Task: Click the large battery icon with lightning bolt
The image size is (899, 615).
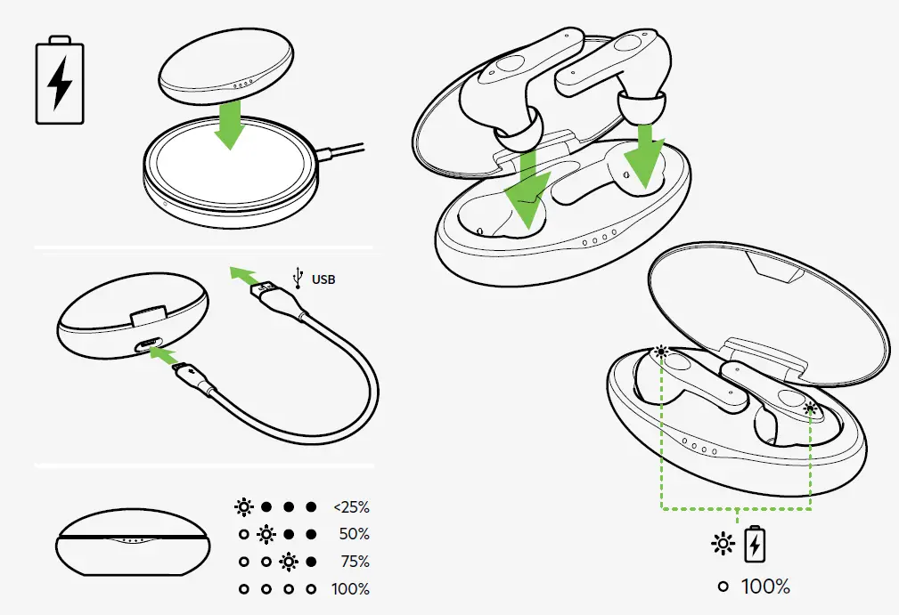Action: [x=59, y=80]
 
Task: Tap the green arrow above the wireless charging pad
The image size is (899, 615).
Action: [x=231, y=125]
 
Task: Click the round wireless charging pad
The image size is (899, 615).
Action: [x=229, y=174]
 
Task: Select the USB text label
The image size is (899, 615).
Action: [x=323, y=279]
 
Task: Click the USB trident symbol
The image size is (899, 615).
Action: [x=298, y=277]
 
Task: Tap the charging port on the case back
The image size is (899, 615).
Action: [x=145, y=346]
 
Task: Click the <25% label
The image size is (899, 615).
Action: [x=350, y=507]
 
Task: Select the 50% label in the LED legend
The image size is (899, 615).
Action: [x=354, y=535]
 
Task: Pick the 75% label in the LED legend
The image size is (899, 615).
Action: [x=354, y=562]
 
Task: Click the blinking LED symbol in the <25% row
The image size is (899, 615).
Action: [x=243, y=507]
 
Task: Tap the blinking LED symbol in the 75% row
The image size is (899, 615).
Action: [x=288, y=562]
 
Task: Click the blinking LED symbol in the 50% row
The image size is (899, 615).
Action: [x=266, y=535]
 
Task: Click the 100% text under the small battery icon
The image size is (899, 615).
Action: [x=765, y=587]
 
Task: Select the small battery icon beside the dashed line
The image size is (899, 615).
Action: [x=755, y=544]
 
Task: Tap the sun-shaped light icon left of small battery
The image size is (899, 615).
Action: [x=723, y=544]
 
